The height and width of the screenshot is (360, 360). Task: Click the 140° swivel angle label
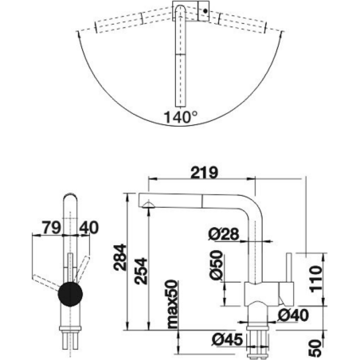click(x=181, y=117)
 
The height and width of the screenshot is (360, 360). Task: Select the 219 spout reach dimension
click(x=205, y=173)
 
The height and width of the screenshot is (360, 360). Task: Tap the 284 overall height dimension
click(x=119, y=257)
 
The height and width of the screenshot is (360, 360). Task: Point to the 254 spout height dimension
click(x=140, y=271)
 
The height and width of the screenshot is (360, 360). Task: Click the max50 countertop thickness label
click(x=172, y=304)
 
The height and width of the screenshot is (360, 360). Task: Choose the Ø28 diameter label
click(x=224, y=234)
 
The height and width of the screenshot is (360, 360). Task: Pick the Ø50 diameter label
click(x=216, y=265)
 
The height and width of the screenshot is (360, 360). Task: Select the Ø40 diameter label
click(x=293, y=315)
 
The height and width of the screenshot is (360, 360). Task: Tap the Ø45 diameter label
click(x=228, y=339)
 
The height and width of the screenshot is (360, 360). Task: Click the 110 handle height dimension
click(x=316, y=279)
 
